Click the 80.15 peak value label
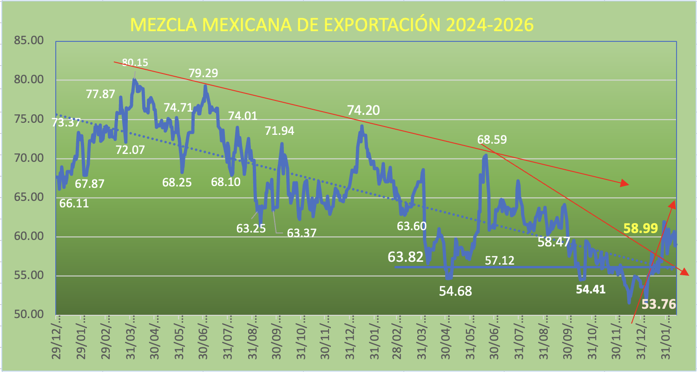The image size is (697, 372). pyautogui.click(x=135, y=63)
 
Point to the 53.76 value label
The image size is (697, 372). pyautogui.click(x=658, y=305)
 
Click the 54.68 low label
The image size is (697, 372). pyautogui.click(x=455, y=291)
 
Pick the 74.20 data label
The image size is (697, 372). pyautogui.click(x=363, y=110)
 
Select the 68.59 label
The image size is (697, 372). pyautogui.click(x=492, y=139)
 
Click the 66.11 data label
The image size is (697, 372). pyautogui.click(x=74, y=203)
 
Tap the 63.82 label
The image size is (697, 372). pyautogui.click(x=406, y=257)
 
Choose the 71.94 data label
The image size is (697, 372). pyautogui.click(x=280, y=131)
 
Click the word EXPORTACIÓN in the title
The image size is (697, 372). pyautogui.click(x=372, y=26)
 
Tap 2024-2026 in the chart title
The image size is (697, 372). pyautogui.click(x=489, y=26)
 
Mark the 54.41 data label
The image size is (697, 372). pyautogui.click(x=591, y=290)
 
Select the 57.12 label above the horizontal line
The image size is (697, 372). pyautogui.click(x=500, y=260)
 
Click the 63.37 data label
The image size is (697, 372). pyautogui.click(x=302, y=233)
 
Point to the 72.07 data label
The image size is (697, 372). pyautogui.click(x=130, y=150)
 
